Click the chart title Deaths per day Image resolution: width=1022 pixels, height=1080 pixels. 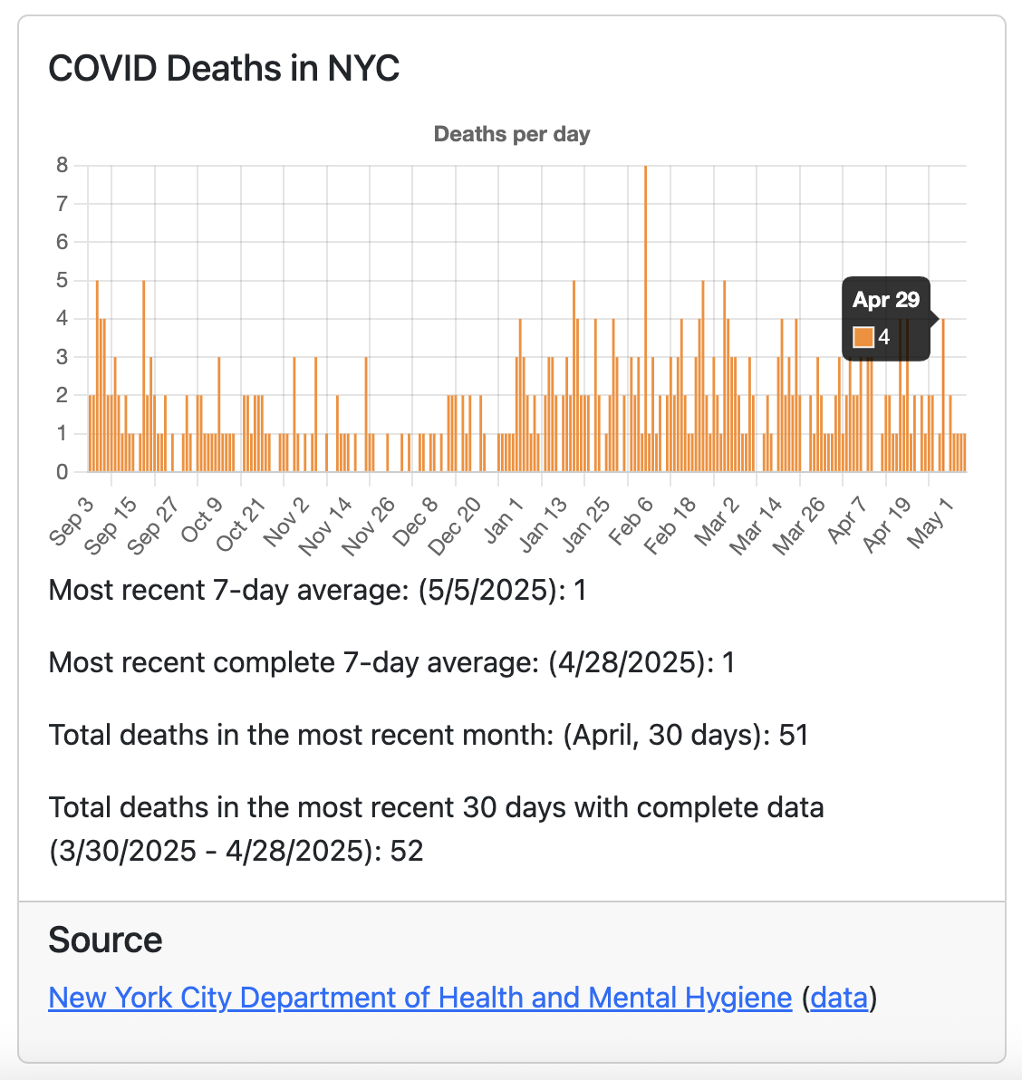512,134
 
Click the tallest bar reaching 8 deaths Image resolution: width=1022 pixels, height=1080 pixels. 645,317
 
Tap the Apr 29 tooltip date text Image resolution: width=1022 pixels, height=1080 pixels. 885,300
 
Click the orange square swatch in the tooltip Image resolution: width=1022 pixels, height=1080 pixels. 863,337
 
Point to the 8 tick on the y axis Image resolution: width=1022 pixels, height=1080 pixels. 62,165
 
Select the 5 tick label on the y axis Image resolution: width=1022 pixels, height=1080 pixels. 62,280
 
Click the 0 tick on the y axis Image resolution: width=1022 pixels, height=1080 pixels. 62,471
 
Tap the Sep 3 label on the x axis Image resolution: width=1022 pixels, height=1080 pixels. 72,522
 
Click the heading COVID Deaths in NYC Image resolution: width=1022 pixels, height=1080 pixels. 224,69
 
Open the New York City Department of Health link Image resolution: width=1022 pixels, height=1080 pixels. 420,998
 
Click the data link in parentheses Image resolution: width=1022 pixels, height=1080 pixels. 839,998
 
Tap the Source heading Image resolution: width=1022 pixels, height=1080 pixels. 105,940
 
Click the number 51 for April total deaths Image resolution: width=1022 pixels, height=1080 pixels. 794,735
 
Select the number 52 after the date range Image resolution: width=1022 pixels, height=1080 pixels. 407,852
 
